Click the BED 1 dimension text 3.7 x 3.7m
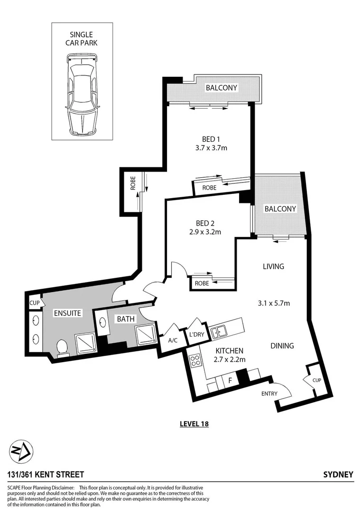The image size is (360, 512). click(208, 148)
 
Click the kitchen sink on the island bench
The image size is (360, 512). click(220, 332)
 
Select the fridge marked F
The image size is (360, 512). click(230, 380)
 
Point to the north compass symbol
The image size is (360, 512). click(22, 450)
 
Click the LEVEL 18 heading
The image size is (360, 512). click(194, 424)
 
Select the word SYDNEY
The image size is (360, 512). click(338, 475)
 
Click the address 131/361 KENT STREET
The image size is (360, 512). click(46, 475)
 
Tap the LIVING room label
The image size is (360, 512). click(273, 266)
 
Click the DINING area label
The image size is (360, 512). click(282, 346)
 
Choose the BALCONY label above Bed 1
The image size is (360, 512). click(221, 88)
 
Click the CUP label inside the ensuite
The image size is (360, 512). click(34, 302)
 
